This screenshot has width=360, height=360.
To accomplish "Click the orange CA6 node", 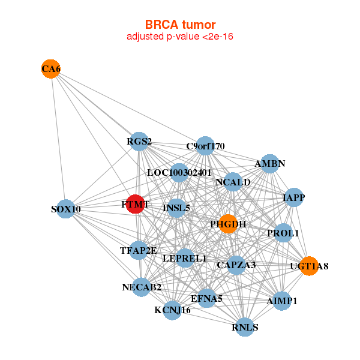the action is coord(51,69).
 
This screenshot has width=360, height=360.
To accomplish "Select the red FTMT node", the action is coord(136,204).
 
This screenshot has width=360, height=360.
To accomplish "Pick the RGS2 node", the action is coord(139,142).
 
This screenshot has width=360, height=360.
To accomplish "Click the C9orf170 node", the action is coord(205,145).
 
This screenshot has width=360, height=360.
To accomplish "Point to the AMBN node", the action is coord(270,163).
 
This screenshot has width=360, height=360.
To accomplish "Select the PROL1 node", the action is coord(283,232).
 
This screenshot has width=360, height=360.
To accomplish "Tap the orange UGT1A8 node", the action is coord(309,265).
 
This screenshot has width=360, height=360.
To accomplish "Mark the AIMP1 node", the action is coord(282,300).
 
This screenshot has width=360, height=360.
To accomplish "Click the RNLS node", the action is coord(245,327).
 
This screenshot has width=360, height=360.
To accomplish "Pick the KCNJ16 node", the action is coord(172,310).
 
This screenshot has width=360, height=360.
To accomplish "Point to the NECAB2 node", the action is coord(142,287).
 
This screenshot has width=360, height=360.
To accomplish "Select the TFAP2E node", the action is coord(139,250).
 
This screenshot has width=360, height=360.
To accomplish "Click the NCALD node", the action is coord(233,182).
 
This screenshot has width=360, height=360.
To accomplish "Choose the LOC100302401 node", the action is coord(179,173).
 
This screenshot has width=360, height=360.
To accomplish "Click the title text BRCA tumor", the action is coord(180,25).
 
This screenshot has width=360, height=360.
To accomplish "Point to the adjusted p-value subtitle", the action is coord(180,37).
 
